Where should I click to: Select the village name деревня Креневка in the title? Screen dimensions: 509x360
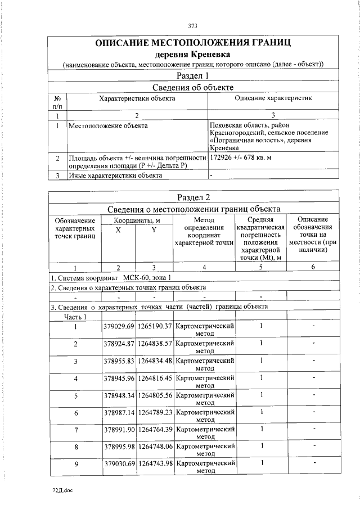tap(192, 55)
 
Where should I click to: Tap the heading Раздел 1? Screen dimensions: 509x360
tap(192, 76)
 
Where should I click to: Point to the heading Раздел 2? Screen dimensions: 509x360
tap(192, 197)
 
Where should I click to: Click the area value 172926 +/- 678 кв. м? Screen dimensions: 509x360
tap(240, 158)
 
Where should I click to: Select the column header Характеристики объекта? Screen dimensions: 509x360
tap(137, 98)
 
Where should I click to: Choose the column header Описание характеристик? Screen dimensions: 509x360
tap(273, 98)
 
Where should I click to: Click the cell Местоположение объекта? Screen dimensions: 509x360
tap(108, 125)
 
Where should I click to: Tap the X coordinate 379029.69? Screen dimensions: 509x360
tap(119, 326)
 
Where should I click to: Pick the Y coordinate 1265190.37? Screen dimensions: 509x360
tap(155, 326)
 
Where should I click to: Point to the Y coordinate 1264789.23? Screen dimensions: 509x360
tap(155, 412)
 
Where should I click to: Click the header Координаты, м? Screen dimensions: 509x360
tap(137, 220)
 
